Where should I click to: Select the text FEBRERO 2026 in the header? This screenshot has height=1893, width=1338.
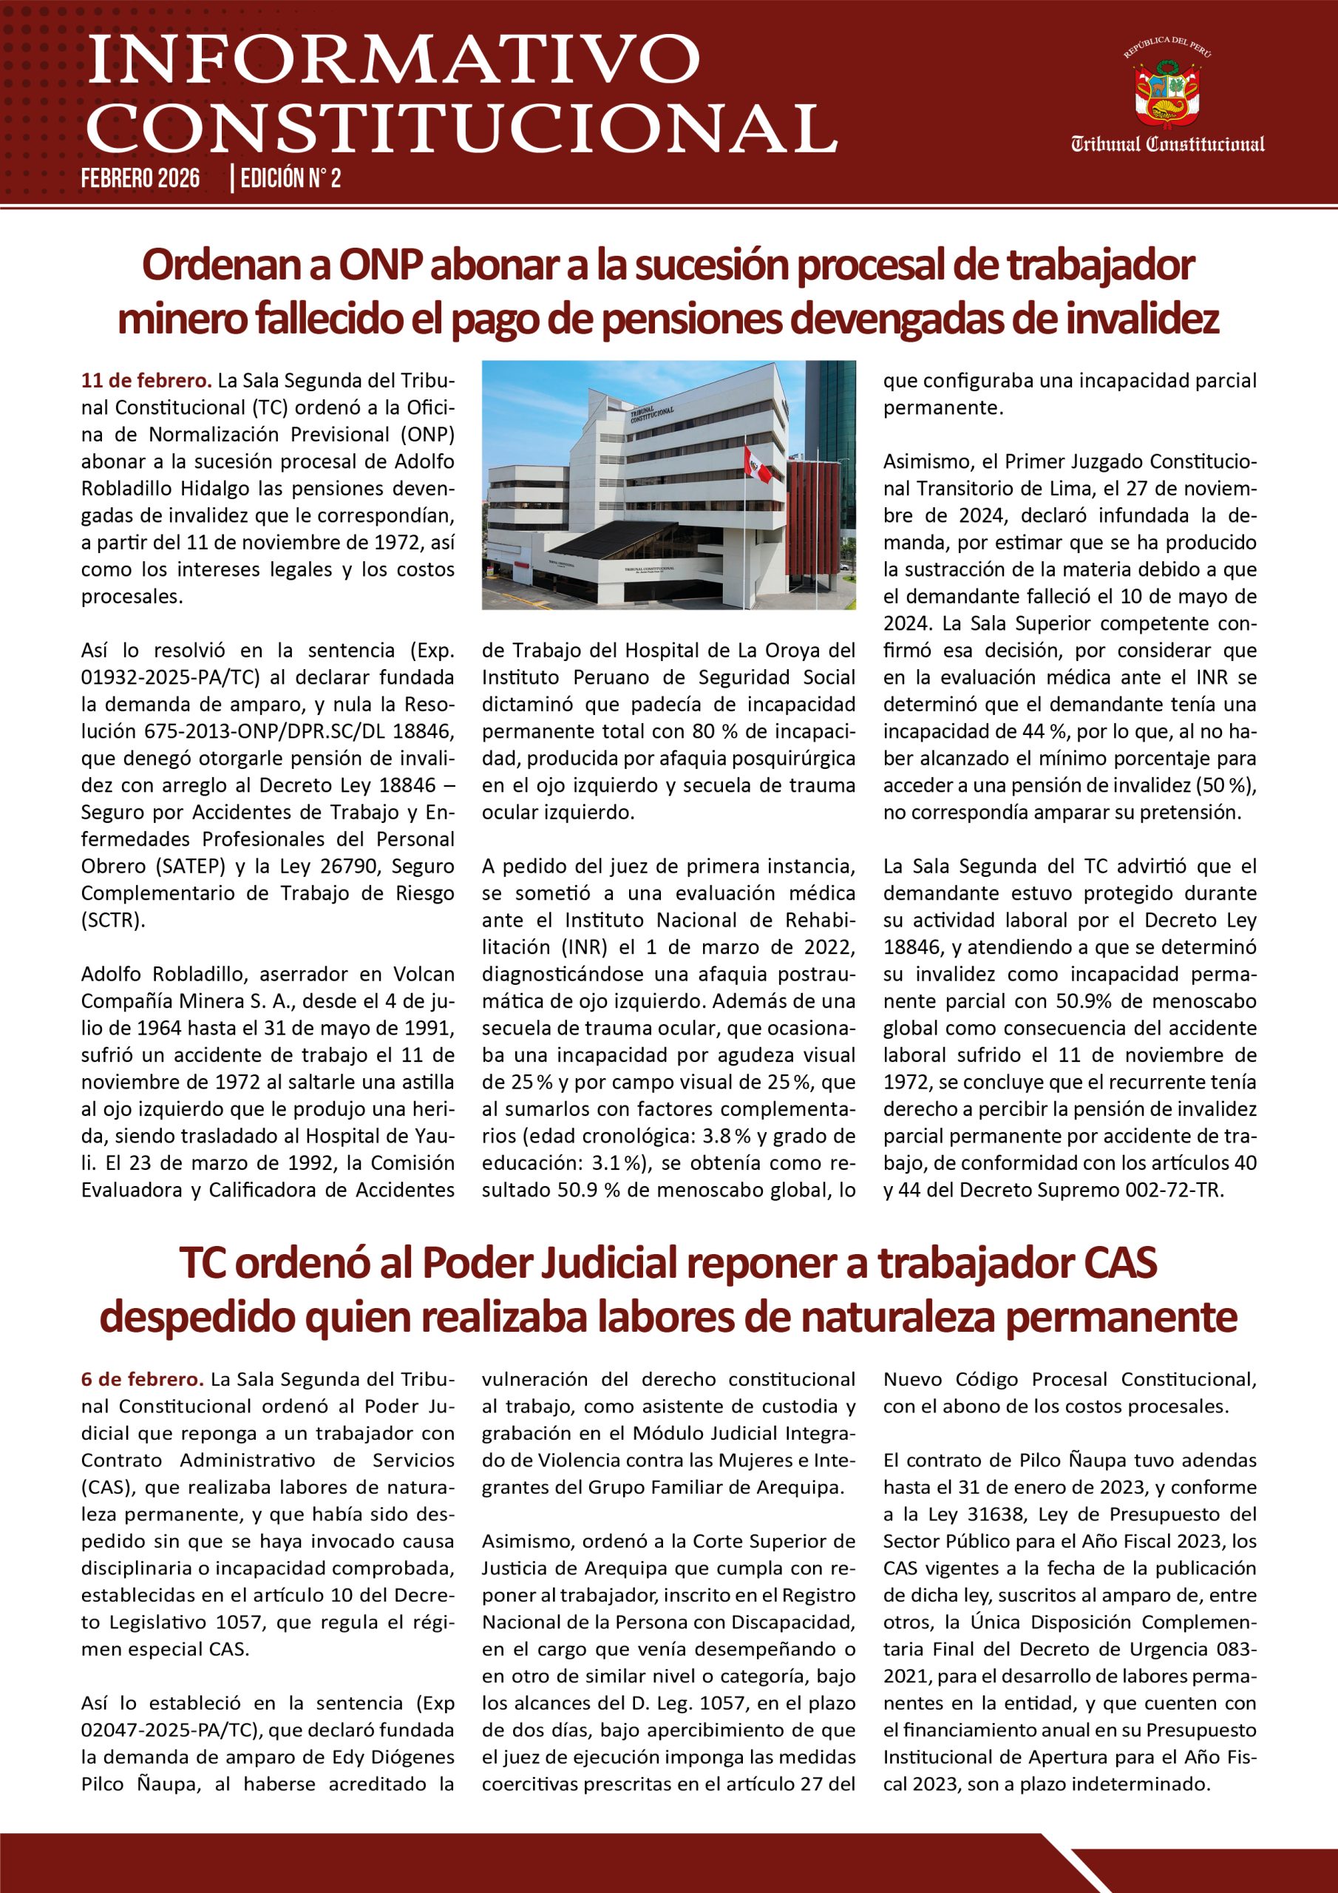point(140,178)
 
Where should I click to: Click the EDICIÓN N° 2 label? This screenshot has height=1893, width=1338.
point(288,178)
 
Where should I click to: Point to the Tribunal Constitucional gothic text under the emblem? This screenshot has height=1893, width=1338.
point(1167,145)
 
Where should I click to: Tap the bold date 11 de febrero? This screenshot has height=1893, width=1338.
point(146,381)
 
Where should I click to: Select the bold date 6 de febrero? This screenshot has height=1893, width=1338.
point(142,1379)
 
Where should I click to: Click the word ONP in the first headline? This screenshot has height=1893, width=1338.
point(381,265)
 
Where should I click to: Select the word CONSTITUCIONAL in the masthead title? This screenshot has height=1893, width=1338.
point(462,127)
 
